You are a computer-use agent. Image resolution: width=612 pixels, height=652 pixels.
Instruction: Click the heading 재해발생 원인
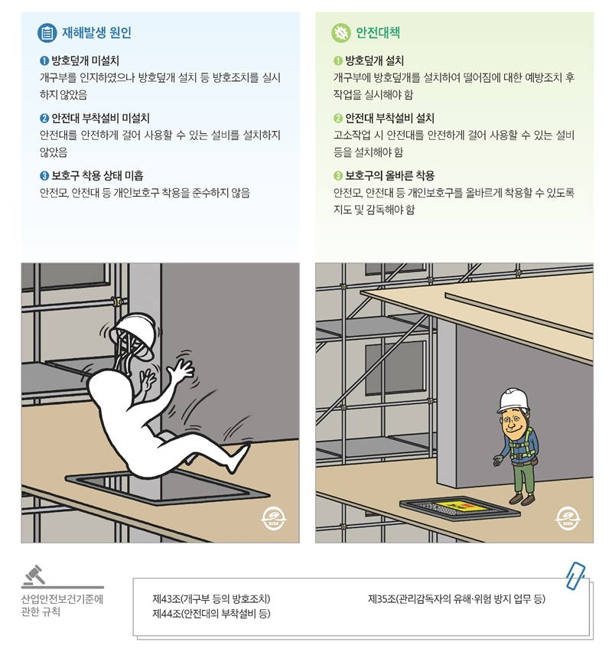[x=96, y=33]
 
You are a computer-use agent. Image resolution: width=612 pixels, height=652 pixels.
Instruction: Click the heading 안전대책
[x=377, y=33]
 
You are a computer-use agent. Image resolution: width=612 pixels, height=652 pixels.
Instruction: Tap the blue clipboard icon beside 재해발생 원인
[x=47, y=33]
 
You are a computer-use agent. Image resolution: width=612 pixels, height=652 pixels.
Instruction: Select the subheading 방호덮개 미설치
[x=84, y=60]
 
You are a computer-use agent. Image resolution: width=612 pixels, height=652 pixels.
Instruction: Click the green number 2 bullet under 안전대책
[x=338, y=118]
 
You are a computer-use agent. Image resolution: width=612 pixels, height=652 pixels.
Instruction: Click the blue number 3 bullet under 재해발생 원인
[x=44, y=175]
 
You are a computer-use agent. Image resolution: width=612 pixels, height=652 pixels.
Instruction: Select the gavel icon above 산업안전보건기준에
[x=34, y=573]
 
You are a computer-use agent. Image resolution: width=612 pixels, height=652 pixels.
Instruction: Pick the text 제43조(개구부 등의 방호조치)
[x=211, y=598]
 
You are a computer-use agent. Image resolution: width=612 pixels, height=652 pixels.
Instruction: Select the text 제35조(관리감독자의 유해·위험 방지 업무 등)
[x=457, y=598]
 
